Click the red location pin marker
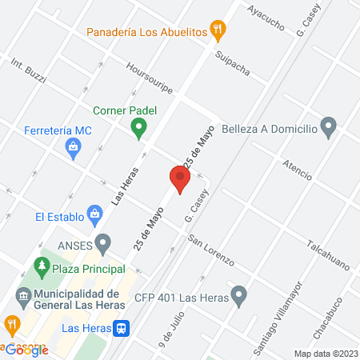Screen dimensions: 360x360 pyautogui.click(x=179, y=179)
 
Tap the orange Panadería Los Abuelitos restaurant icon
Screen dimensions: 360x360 pyautogui.click(x=218, y=32)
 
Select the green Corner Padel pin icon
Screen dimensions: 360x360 pyautogui.click(x=138, y=126)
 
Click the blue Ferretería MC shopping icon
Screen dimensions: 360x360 pyautogui.click(x=73, y=146)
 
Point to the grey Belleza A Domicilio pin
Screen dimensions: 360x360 pyautogui.click(x=327, y=126)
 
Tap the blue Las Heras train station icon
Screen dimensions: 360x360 pyautogui.click(x=121, y=327)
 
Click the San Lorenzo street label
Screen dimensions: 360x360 pyautogui.click(x=210, y=250)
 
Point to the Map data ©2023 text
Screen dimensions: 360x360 pyautogui.click(x=325, y=354)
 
